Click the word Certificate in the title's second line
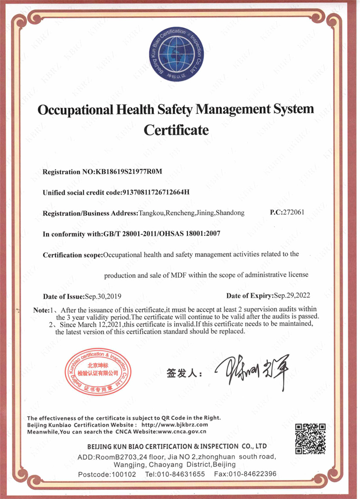[176, 130]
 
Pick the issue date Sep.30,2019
[103, 296]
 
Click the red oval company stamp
[97, 373]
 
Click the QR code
[310, 438]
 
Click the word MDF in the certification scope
[178, 275]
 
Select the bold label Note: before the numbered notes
[41, 311]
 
